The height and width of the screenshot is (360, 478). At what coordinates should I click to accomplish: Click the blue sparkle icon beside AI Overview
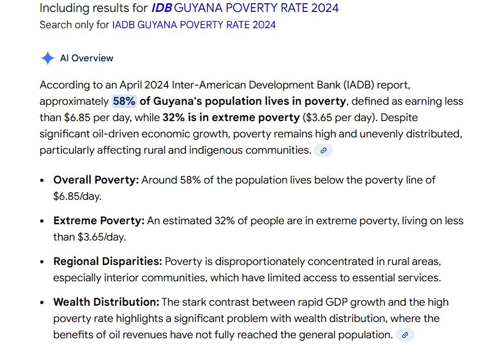[x=47, y=58]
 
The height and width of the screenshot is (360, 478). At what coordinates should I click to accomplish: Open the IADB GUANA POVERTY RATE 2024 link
[x=193, y=24]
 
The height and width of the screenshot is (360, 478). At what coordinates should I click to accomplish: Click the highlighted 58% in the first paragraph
[x=124, y=101]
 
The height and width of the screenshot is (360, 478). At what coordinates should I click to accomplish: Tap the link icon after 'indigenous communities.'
[x=323, y=150]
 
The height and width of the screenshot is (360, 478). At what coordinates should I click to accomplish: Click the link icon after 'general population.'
[x=405, y=335]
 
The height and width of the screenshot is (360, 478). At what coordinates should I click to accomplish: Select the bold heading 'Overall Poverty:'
[x=96, y=180]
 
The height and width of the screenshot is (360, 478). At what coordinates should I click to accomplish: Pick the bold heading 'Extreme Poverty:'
[x=98, y=221]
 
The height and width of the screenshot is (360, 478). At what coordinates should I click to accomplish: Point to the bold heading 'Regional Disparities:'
[x=108, y=261]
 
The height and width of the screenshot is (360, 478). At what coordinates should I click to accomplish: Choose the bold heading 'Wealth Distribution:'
[x=106, y=302]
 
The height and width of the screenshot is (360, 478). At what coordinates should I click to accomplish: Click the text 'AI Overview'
[x=86, y=58]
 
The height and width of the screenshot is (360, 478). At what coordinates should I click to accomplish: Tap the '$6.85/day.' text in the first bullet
[x=77, y=196]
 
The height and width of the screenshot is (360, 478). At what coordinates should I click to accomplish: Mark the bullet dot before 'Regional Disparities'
[x=42, y=262]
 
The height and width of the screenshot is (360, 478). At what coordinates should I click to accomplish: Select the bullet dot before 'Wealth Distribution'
[x=42, y=302]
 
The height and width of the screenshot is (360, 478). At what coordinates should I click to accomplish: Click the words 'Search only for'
[x=74, y=24]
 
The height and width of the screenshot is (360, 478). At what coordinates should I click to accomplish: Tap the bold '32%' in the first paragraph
[x=173, y=117]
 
